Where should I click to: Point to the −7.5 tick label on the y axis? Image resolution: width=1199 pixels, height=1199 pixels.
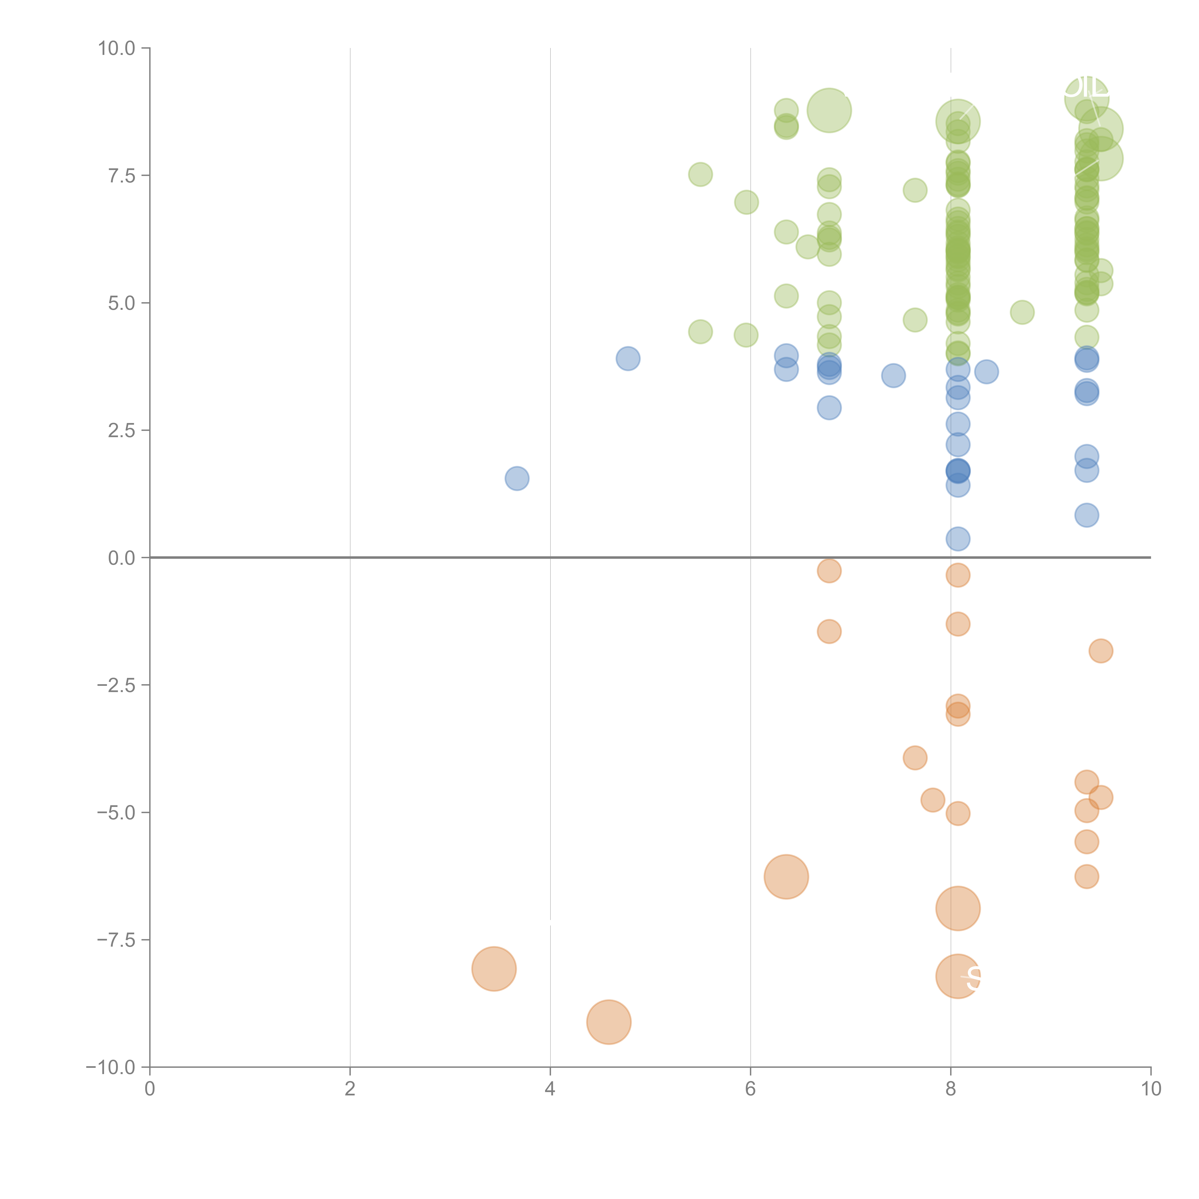tap(116, 940)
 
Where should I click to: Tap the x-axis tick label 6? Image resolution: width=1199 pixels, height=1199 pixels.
tap(750, 1089)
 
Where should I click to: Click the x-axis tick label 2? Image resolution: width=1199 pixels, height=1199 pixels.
tap(350, 1089)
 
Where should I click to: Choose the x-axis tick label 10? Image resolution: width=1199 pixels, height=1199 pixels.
tap(1151, 1089)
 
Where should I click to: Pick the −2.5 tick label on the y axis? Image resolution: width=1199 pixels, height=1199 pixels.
tap(116, 685)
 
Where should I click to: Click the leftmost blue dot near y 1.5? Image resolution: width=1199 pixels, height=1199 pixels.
tap(517, 478)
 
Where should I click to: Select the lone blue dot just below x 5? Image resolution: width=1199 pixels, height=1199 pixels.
tap(628, 359)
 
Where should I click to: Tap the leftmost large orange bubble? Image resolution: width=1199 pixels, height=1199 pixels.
tap(494, 969)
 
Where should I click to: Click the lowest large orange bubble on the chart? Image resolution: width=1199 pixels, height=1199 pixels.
tap(609, 1022)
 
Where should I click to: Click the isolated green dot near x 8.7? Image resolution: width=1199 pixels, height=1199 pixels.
tap(1022, 312)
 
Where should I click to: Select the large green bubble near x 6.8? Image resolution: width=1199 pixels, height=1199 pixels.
tap(829, 111)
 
